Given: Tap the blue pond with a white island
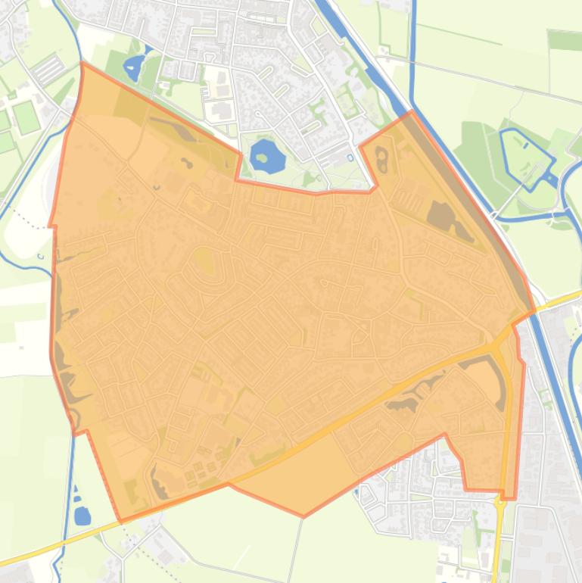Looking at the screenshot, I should [x=135, y=67].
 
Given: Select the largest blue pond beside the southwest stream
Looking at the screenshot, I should [x=82, y=516].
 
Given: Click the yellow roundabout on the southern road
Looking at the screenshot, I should [x=500, y=502].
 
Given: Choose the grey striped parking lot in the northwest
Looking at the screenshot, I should [x=48, y=70].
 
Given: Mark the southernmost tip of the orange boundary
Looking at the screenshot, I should [x=304, y=516].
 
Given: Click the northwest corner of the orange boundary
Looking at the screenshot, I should [x=82, y=64].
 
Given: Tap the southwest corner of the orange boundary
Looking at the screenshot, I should [x=121, y=521].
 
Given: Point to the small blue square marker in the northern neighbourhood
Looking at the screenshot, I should [x=350, y=157].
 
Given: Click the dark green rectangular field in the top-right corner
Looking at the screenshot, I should [x=564, y=39].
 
